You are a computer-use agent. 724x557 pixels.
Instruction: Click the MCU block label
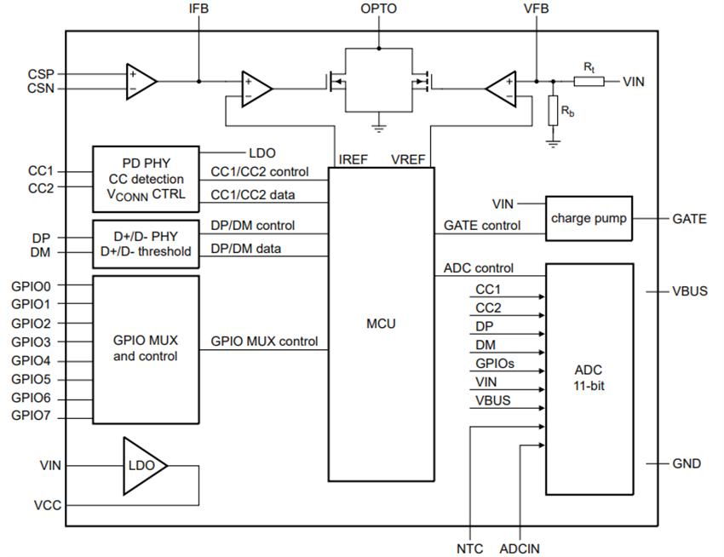381,324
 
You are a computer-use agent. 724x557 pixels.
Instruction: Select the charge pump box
589,218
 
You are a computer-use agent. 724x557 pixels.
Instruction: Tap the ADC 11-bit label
589,376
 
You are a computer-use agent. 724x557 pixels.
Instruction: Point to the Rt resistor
589,82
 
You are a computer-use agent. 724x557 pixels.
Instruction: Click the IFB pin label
198,9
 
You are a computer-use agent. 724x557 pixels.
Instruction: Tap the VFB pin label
536,9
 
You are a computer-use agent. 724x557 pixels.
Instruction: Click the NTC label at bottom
469,548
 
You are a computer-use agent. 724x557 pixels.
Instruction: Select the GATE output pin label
689,219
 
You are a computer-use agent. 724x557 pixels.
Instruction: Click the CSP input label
41,74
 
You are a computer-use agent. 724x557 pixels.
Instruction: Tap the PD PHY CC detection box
146,179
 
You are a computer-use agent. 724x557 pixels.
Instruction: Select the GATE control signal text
482,226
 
